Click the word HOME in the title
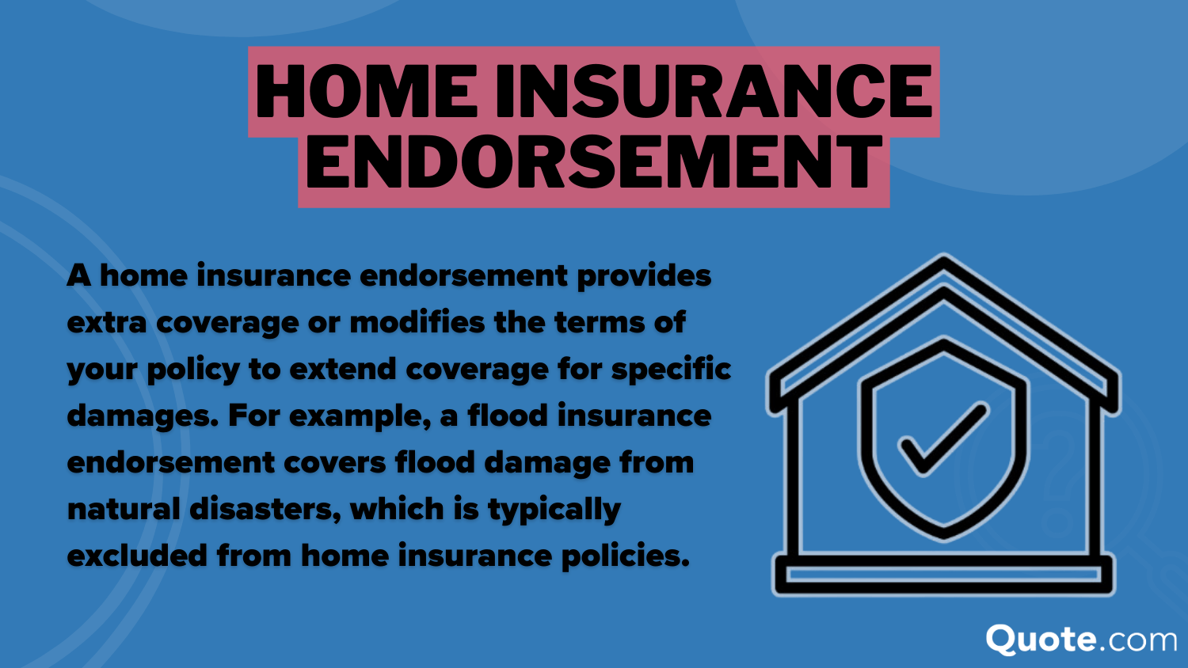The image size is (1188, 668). [367, 92]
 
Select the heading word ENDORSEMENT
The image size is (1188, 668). [594, 163]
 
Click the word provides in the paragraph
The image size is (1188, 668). [644, 276]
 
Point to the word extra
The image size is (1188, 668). [107, 323]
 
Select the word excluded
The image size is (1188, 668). [137, 556]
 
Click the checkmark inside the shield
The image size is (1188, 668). [942, 439]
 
